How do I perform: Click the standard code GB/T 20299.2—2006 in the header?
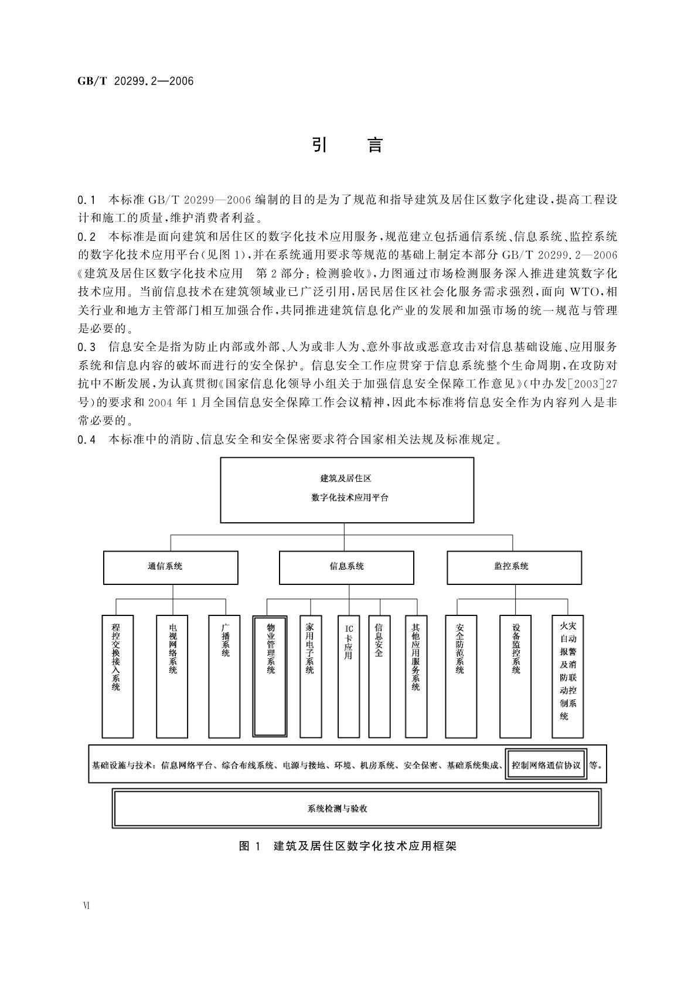click(x=135, y=81)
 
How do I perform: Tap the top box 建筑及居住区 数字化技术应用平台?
click(x=347, y=490)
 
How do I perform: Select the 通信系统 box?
click(x=171, y=567)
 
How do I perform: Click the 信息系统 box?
click(x=346, y=567)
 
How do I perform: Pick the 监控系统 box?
click(x=514, y=567)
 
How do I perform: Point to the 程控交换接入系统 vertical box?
click(x=117, y=676)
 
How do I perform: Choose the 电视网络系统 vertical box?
click(x=172, y=676)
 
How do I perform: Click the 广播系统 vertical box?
click(x=224, y=676)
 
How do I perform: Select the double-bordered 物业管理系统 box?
click(x=270, y=676)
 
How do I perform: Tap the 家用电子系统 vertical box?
click(x=311, y=676)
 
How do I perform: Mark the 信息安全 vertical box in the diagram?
click(x=379, y=676)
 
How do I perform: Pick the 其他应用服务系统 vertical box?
click(x=416, y=676)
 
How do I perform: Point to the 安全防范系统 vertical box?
click(x=461, y=676)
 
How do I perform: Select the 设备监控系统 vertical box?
click(x=515, y=676)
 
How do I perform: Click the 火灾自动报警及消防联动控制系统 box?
click(x=567, y=676)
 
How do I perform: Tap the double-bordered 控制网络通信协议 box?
click(x=546, y=765)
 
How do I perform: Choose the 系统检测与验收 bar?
click(x=356, y=809)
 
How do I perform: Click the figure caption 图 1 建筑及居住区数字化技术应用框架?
click(x=348, y=846)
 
